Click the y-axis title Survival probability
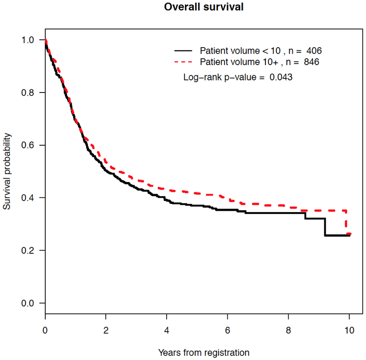tap(7, 172)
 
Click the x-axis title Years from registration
tap(204, 352)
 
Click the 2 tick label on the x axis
tap(106, 329)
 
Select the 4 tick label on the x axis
tap(167, 329)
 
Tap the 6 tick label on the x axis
tap(227, 329)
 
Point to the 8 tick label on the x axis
tap(288, 329)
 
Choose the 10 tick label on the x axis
tap(349, 329)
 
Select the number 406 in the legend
tap(318, 50)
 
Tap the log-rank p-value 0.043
tap(280, 77)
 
